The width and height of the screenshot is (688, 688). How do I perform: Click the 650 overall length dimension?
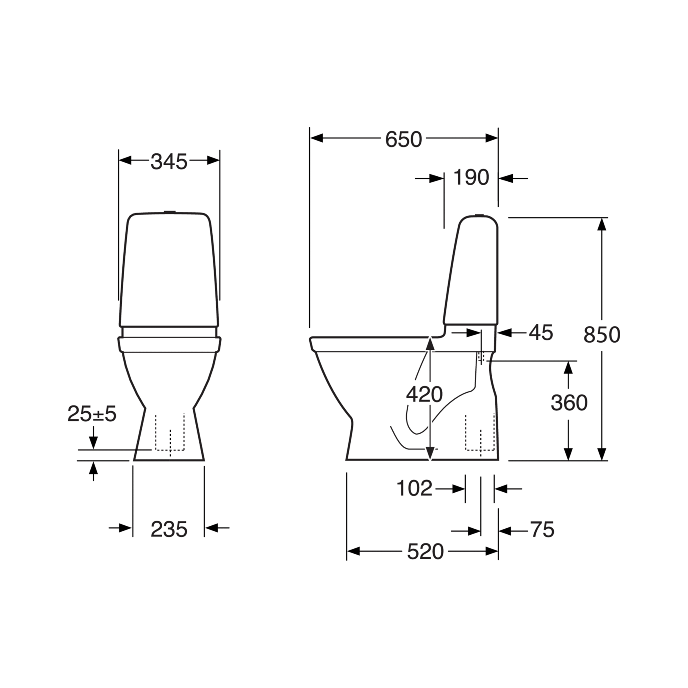point(403,139)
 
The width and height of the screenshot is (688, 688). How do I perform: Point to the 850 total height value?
point(602,335)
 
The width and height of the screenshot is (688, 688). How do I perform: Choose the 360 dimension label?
point(569,403)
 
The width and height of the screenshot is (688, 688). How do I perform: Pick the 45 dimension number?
point(541,333)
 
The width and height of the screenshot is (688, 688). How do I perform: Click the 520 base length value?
point(425,552)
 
